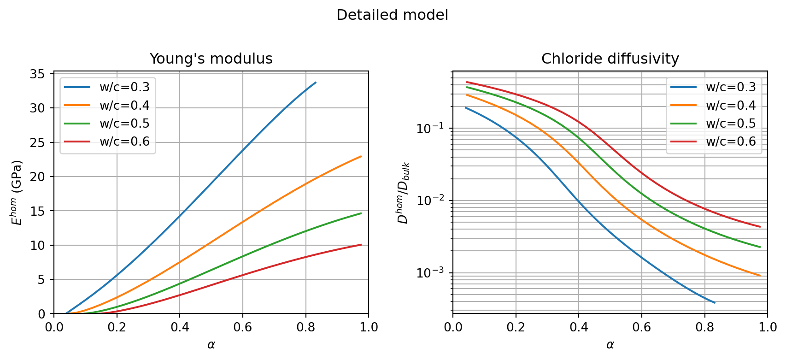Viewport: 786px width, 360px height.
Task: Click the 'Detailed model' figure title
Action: coord(392,15)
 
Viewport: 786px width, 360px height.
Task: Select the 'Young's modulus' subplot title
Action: coord(211,59)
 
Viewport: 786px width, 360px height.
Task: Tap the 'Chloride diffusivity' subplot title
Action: coord(610,59)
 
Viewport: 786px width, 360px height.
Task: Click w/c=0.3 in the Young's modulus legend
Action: coord(124,87)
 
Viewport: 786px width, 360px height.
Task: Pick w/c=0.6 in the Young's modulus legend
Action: coord(124,142)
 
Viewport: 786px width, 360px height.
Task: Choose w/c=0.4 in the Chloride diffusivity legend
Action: coord(731,105)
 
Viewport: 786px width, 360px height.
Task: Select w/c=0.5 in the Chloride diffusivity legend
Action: coord(731,124)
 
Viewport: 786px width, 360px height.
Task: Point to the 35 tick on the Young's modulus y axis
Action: coord(39,74)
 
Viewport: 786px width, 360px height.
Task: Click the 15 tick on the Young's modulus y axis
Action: coord(39,211)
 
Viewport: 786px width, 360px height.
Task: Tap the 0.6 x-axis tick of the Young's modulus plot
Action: coord(243,327)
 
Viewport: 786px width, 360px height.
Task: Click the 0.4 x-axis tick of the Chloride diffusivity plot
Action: coord(579,327)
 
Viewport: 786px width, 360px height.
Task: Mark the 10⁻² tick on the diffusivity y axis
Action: coord(431,201)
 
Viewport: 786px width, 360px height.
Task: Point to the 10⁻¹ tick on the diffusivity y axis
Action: coord(431,128)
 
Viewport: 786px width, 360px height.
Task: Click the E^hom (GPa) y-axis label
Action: coord(17,193)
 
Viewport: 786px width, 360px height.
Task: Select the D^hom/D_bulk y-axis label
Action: coord(404,193)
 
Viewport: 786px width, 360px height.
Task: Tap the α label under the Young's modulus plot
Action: coord(211,345)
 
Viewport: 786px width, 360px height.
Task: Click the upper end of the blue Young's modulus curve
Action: coord(316,83)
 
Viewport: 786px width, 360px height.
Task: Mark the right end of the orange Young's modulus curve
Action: coord(361,156)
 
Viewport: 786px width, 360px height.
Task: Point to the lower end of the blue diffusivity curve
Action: coord(715,303)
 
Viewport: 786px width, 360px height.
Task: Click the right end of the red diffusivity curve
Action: coord(760,227)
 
